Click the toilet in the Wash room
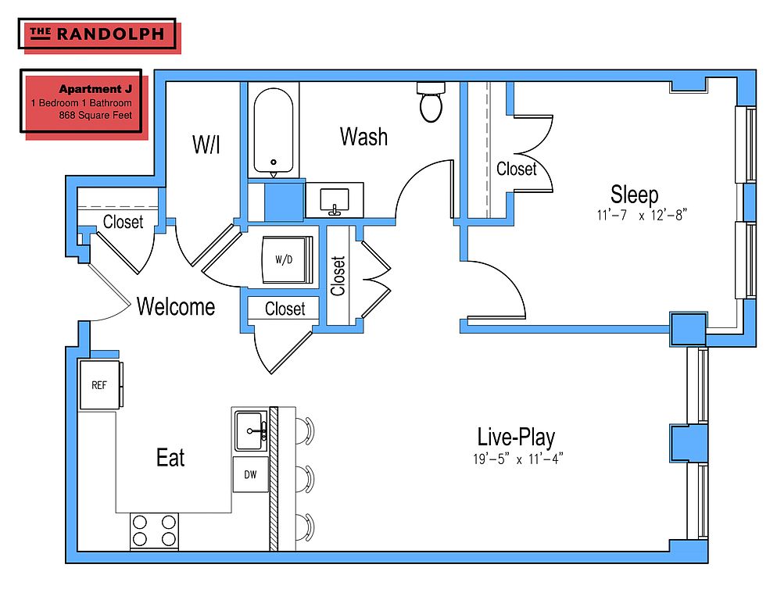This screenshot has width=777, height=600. (430, 102)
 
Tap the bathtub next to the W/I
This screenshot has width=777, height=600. (273, 130)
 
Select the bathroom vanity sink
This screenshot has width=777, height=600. (335, 200)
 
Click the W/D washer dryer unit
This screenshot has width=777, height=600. (288, 259)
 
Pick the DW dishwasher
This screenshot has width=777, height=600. (251, 475)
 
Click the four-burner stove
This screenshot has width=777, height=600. (154, 530)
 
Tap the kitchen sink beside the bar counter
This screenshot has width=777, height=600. (251, 431)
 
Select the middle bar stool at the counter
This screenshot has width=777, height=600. (305, 479)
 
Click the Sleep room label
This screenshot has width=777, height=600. (634, 195)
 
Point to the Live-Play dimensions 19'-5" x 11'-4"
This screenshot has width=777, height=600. (517, 459)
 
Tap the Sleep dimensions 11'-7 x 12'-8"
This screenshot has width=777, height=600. (642, 215)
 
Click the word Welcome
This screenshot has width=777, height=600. (176, 307)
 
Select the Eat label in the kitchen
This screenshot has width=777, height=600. (170, 457)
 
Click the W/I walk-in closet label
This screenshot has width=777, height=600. (206, 145)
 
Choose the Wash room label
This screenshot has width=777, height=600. (363, 137)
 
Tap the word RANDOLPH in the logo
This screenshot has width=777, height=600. (110, 34)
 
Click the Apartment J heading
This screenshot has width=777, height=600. (95, 89)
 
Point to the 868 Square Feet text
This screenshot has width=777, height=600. (95, 116)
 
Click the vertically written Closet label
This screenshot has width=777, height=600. (338, 276)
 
